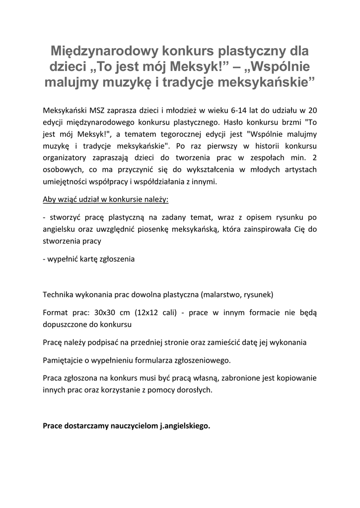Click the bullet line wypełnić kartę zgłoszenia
click(89, 259)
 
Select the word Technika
click(59, 294)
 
